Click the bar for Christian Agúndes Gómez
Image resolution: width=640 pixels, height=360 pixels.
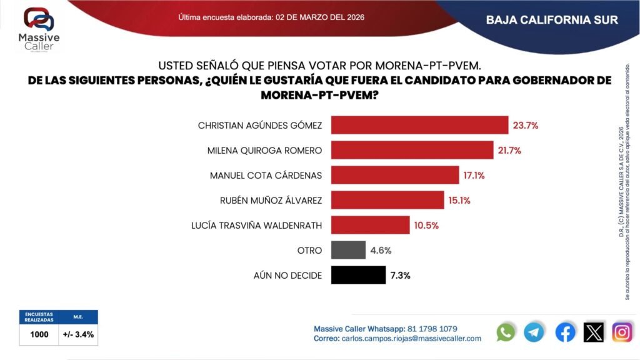(419, 125)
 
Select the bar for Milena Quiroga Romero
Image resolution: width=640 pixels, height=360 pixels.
(412, 150)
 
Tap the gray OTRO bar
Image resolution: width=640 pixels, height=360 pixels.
(348, 250)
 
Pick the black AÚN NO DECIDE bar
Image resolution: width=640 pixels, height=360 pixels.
(358, 275)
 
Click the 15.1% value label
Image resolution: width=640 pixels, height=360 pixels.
(457, 201)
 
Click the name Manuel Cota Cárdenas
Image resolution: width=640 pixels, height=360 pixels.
(266, 176)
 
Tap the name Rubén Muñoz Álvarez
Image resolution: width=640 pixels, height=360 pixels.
(270, 201)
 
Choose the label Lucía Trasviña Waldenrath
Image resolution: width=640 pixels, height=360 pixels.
(256, 226)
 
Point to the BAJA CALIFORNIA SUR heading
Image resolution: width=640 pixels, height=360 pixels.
(552, 20)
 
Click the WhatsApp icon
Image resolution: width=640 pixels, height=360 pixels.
(506, 332)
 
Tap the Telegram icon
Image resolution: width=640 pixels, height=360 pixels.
(534, 332)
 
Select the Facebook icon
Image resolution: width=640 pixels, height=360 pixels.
(565, 332)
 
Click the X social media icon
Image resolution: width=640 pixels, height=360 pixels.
(594, 332)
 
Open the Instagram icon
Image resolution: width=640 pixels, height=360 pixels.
(622, 332)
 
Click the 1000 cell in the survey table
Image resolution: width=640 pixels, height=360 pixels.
(39, 334)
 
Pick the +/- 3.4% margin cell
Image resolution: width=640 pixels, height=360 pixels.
(78, 334)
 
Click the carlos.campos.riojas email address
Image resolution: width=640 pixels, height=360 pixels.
(409, 338)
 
